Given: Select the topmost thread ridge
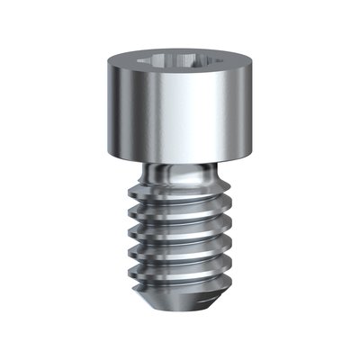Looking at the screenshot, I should coord(180,194).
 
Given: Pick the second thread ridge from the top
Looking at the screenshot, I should coord(180,216).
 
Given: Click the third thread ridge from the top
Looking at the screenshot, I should coord(180,236).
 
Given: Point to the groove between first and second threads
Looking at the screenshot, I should coord(180,204).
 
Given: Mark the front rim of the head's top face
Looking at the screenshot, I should coord(179,78).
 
